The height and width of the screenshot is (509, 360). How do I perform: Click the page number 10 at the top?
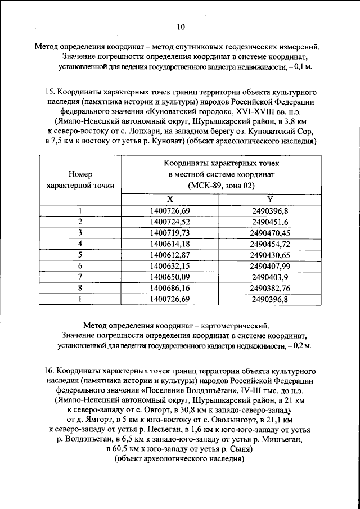180,26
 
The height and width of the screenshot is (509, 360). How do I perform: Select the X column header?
170,200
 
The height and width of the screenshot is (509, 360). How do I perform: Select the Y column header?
270,200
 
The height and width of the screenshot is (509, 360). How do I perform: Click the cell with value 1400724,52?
170,222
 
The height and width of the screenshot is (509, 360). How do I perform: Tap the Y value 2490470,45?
270,232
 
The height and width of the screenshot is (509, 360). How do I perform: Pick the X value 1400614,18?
170,244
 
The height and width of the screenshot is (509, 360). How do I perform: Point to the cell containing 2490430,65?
270,254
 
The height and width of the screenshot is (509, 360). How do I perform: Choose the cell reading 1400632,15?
170,265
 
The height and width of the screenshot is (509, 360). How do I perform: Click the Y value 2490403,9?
270,277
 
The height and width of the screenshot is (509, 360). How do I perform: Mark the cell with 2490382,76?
270,287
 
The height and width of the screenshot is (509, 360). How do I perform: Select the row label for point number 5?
80,254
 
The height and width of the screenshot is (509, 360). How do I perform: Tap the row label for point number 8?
80,287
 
